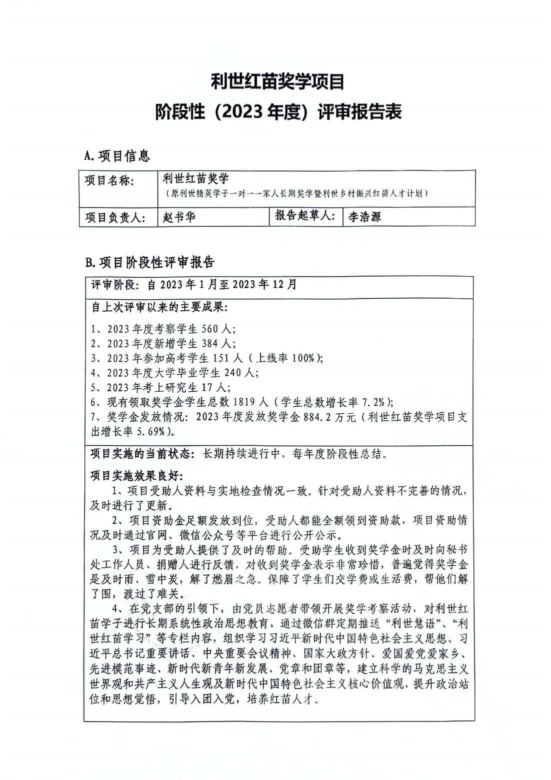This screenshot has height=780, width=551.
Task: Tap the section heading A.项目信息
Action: tap(117, 156)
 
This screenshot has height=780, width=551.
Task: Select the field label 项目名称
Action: tap(109, 181)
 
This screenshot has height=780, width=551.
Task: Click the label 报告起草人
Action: tap(304, 217)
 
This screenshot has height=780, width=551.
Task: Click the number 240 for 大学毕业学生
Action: tap(233, 373)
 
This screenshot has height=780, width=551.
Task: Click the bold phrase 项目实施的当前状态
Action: tap(142, 454)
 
